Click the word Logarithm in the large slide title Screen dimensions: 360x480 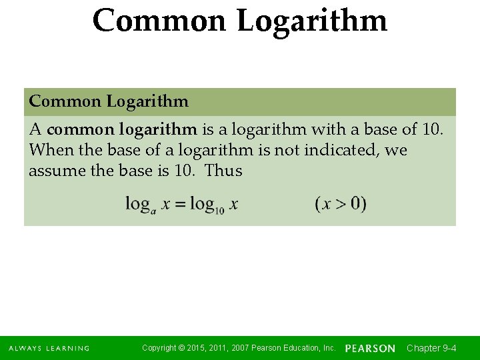[x=312, y=21]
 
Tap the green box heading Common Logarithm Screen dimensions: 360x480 [x=109, y=102]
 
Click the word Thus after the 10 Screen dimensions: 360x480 [x=223, y=171]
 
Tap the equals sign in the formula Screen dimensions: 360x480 [x=180, y=204]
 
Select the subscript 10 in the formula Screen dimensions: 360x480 [x=219, y=209]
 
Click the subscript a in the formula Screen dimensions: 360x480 [x=154, y=209]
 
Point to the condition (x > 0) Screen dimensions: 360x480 [x=341, y=204]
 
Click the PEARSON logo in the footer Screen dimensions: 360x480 [x=370, y=349]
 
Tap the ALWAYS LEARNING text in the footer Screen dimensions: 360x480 [x=49, y=349]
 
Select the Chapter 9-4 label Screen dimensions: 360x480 [x=431, y=348]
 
